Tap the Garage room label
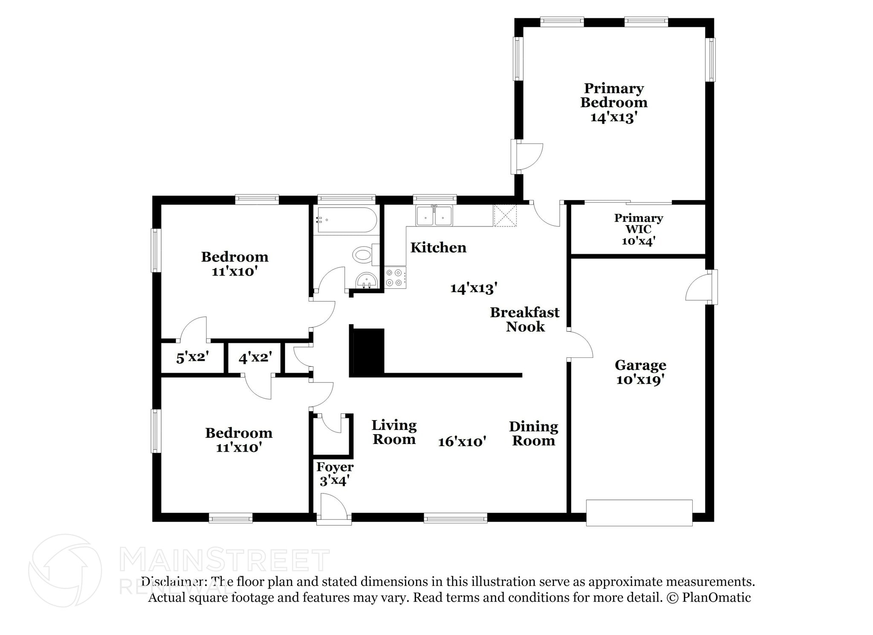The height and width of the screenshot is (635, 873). [x=640, y=365]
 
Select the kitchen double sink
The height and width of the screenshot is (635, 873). [x=434, y=216]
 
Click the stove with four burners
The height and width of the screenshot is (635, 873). [x=395, y=277]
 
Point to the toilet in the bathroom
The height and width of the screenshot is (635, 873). [x=364, y=255]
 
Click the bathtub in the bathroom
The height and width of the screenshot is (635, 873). [x=347, y=220]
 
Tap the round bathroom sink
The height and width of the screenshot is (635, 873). [x=366, y=281]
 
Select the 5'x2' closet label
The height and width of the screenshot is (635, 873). [x=192, y=357]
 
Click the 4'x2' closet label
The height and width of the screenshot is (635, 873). [x=255, y=357]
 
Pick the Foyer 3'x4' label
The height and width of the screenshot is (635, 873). [x=335, y=474]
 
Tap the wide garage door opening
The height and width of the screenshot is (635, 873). [x=639, y=513]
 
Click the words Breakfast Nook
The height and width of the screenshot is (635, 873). [x=525, y=319]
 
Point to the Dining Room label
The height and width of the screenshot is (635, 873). [x=533, y=433]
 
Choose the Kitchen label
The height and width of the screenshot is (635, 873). [x=438, y=248]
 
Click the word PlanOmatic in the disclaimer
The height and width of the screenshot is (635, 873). [x=716, y=597]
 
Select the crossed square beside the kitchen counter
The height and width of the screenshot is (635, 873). [x=505, y=215]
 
